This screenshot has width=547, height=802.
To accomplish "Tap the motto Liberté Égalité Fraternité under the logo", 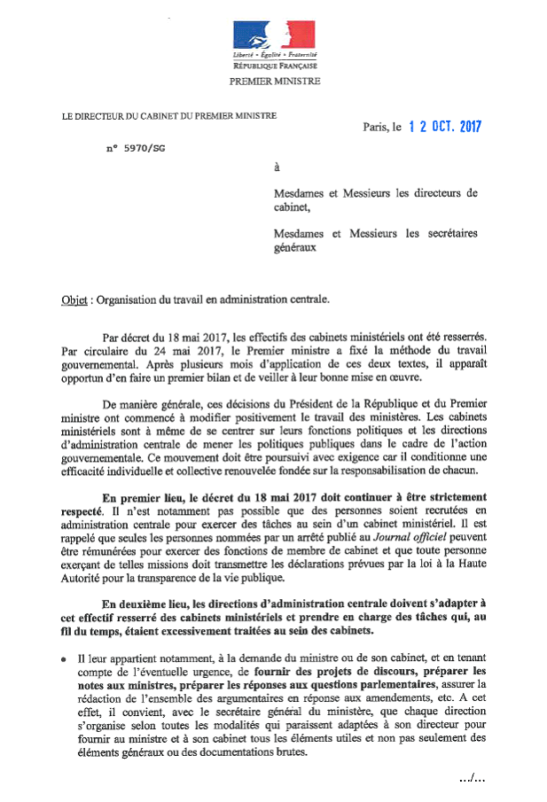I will tap(275, 57).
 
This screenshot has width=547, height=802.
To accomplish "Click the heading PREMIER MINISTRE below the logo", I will tap(275, 81).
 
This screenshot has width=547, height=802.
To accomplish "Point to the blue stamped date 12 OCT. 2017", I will tap(444, 126).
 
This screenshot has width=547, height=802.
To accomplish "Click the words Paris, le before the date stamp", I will tap(382, 128).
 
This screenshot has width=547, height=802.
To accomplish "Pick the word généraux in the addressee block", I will tap(294, 249).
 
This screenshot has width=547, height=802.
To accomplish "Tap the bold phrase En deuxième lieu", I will tap(145, 603).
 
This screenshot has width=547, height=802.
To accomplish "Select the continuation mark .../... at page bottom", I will tap(472, 777).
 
